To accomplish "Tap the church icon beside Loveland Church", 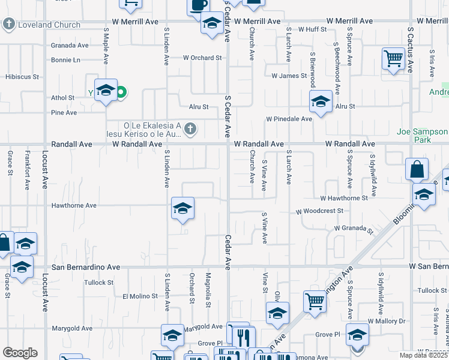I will click(8, 25).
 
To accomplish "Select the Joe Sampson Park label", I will click(423, 136).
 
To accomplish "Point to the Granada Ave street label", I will click(70, 45).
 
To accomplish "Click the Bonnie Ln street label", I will click(65, 60).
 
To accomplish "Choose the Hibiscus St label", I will click(22, 77).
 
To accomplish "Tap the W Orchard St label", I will click(202, 58).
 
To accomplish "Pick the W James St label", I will click(289, 76).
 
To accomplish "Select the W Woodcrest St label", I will click(319, 211).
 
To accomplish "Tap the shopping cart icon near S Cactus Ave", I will click(393, 59).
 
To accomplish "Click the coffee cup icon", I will click(199, 5).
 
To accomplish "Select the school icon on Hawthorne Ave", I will click(182, 208).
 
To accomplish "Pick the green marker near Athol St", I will click(121, 92).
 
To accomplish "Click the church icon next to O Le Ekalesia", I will click(190, 128).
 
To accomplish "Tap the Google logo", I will click(20, 353).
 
